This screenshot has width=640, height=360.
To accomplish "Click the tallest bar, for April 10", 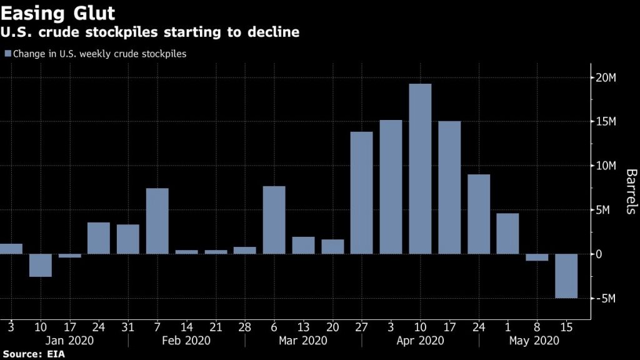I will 420,169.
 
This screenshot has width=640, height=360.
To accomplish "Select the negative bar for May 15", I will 566,276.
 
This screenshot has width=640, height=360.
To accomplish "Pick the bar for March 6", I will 274,220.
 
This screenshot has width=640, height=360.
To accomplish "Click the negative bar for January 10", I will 41,265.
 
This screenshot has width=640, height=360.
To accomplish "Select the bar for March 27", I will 361,192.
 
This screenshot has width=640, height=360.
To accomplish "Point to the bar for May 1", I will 507,233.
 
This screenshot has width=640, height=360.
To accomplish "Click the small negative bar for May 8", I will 537,257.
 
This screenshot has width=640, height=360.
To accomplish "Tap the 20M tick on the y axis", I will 606,77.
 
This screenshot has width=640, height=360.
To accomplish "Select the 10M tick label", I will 606,166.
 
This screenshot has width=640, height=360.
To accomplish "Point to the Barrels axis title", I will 630,191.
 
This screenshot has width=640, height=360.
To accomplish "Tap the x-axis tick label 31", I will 128,326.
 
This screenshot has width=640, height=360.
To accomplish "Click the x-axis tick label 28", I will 244,326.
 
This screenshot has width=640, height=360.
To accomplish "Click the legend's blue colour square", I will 7,54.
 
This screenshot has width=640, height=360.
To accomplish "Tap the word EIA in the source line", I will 55,354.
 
